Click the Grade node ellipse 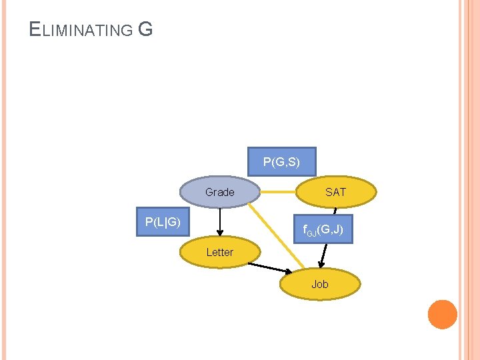tap(219, 192)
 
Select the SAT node tap(335, 192)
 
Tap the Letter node tap(219, 252)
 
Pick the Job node tap(320, 284)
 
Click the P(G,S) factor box tap(281, 161)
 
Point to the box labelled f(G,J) tap(323, 230)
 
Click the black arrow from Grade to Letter tap(219, 220)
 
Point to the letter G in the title tap(145, 29)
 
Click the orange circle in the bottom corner tap(442, 314)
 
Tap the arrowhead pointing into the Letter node tap(219, 233)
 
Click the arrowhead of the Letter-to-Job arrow tap(288, 271)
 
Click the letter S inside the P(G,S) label tap(290, 161)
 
